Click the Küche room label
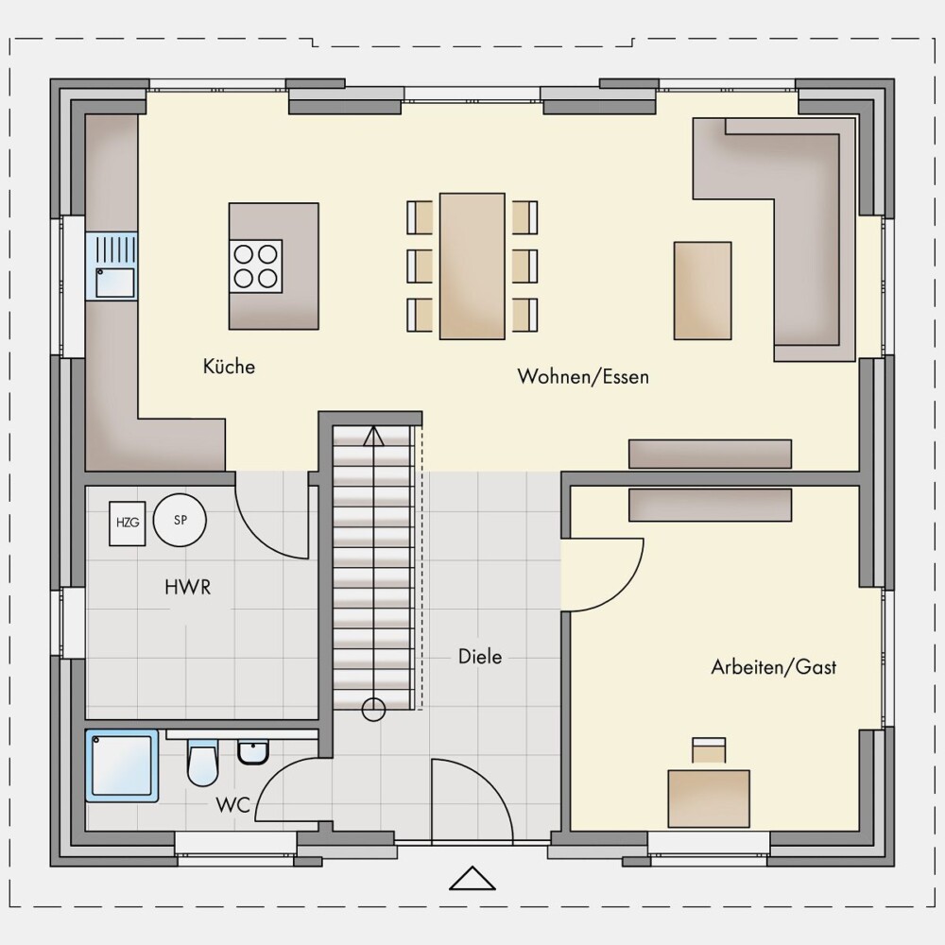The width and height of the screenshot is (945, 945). [229, 366]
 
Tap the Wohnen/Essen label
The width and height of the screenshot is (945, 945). [583, 377]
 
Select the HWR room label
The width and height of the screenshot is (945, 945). [188, 587]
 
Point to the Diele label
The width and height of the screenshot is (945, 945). [480, 657]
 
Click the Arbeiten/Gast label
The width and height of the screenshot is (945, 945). [774, 666]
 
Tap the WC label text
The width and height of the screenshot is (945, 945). [232, 804]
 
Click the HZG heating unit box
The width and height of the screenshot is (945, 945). [128, 524]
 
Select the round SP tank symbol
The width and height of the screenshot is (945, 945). [180, 520]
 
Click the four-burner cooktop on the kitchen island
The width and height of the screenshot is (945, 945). [255, 266]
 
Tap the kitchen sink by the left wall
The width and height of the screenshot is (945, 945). [112, 266]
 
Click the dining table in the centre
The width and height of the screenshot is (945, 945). [472, 266]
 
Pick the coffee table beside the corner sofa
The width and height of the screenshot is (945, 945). [703, 290]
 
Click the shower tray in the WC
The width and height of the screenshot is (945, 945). [122, 765]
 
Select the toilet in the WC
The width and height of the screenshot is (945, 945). [202, 763]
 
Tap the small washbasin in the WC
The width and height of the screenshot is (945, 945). [253, 752]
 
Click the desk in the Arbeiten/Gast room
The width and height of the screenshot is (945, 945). [709, 799]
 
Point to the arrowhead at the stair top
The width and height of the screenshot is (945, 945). [373, 436]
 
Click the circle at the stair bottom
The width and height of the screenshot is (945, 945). [373, 710]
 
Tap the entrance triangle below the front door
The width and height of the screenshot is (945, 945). [472, 879]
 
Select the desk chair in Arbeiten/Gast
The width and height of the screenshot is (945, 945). [709, 750]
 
